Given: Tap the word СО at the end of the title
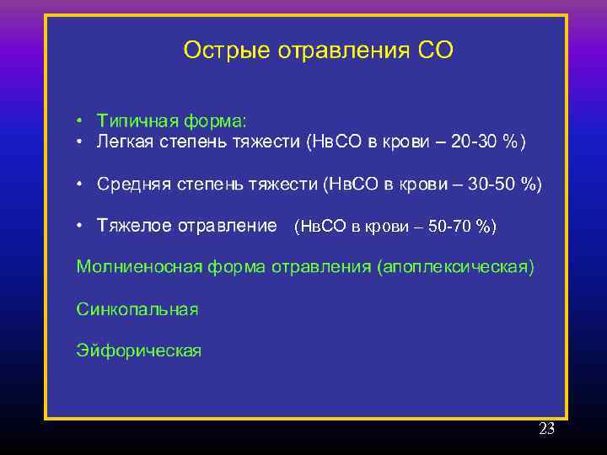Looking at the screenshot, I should [x=435, y=51].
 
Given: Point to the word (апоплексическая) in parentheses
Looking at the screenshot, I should [x=456, y=267].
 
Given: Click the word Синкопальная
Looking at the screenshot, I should [x=137, y=309].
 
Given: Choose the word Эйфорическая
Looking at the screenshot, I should [x=139, y=351].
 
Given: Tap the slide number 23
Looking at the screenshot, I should [x=546, y=429].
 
